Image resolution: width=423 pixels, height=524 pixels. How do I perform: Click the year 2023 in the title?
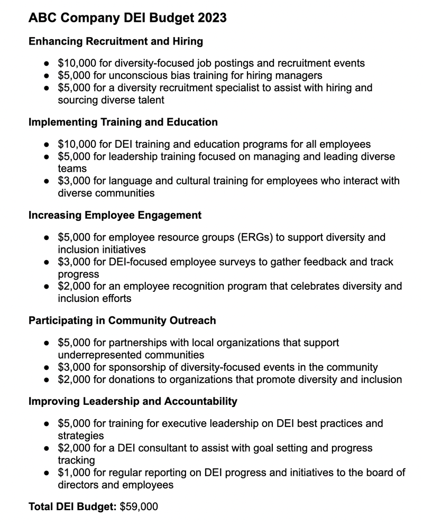pos(211,18)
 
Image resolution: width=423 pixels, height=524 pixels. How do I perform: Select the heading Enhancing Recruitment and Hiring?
pos(116,41)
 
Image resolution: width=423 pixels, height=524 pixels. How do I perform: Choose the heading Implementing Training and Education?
pos(123,122)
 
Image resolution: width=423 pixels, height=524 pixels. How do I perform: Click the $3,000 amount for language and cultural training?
pos(73,181)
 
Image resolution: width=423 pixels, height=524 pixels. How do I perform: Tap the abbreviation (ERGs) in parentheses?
pos(248,237)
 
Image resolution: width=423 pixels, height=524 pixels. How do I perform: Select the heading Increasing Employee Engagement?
pos(115,215)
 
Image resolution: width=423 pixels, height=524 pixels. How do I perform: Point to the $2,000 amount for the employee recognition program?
pos(73,287)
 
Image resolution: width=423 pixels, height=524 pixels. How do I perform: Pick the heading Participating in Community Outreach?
pos(122,321)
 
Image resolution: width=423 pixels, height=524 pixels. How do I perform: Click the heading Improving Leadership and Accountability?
pos(133,401)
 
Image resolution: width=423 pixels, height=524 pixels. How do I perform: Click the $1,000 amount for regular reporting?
pos(73,473)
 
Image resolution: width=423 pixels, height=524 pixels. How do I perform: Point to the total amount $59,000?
pos(139,507)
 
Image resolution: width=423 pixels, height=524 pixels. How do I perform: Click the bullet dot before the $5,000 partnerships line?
pos(47,343)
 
